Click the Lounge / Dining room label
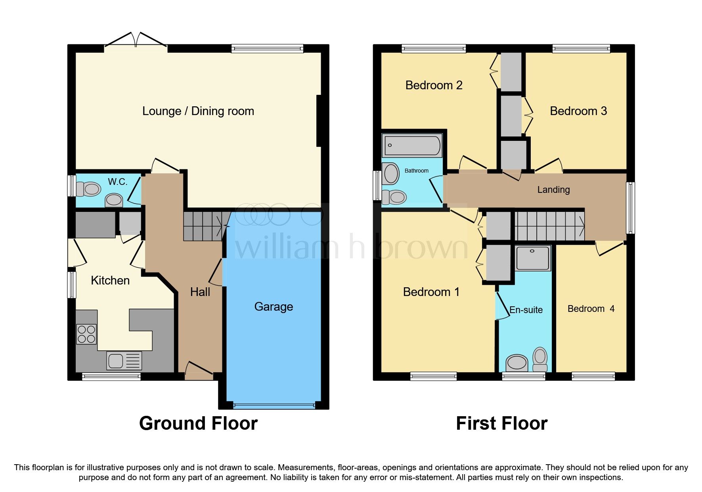198,111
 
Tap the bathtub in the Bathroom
412,145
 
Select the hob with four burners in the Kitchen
86,334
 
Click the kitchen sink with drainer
124,361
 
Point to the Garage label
274,307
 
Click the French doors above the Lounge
136,44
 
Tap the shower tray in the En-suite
533,258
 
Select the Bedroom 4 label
591,309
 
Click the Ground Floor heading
198,423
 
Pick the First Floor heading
501,423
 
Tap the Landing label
553,190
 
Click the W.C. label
117,182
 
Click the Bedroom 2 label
434,85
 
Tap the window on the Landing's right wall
630,208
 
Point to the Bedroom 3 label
578,111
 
